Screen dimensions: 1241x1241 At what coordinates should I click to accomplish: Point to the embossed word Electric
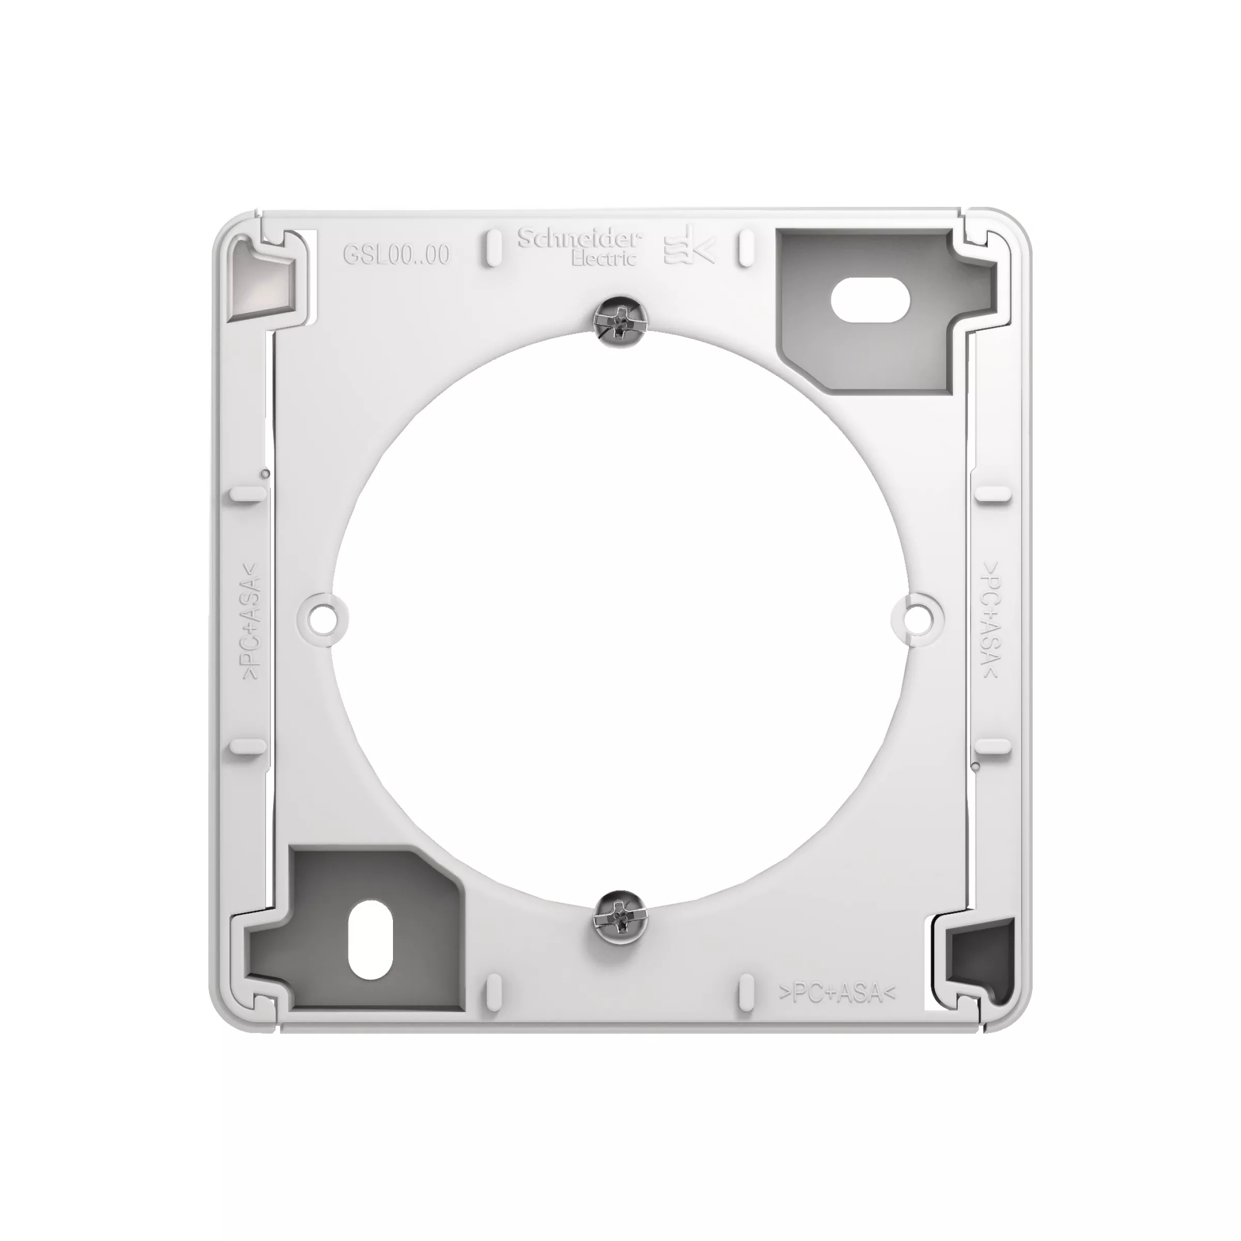point(604,258)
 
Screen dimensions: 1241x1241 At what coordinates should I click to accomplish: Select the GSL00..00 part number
point(396,255)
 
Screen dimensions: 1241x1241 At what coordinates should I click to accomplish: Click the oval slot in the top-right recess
point(870,300)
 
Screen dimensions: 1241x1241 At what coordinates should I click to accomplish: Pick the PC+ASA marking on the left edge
point(252,620)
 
